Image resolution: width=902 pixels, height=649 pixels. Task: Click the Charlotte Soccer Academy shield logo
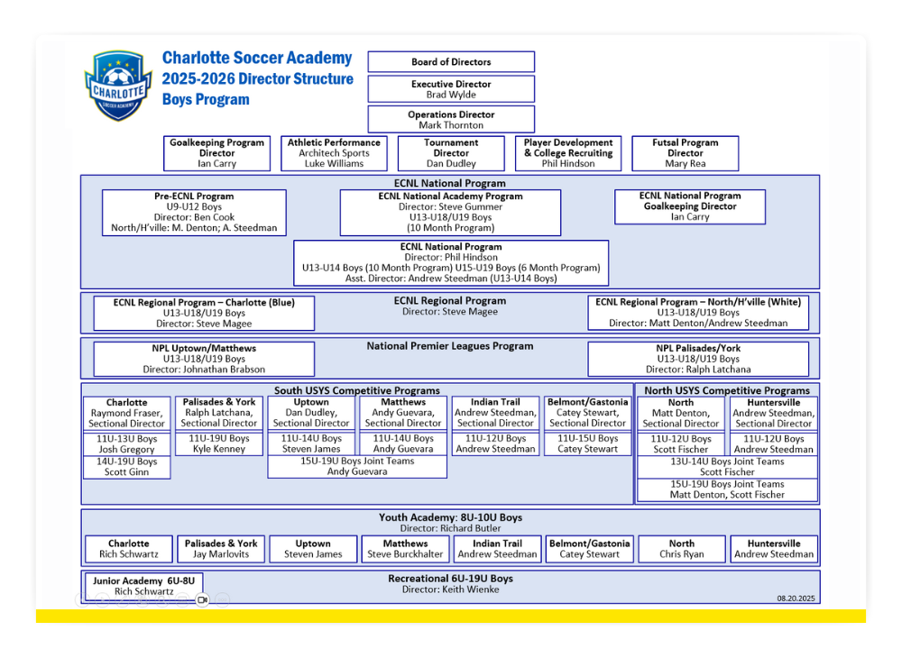click(118, 86)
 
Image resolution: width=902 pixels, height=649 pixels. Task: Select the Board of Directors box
click(451, 61)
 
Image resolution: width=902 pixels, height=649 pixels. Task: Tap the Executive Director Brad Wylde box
click(451, 89)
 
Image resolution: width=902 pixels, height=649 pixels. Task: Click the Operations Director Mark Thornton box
click(451, 120)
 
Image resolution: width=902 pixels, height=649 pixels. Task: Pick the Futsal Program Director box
click(686, 153)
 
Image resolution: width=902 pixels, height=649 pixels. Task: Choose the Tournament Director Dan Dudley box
click(451, 153)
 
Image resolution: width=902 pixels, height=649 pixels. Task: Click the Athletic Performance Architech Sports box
click(335, 153)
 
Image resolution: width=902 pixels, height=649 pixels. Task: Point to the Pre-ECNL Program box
click(194, 212)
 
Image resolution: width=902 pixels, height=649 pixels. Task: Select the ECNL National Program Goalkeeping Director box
click(690, 206)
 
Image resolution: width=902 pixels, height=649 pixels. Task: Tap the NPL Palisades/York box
click(698, 359)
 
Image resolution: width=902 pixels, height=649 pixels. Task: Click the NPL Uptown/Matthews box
click(204, 359)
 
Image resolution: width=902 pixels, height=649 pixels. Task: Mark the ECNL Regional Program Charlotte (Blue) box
click(204, 313)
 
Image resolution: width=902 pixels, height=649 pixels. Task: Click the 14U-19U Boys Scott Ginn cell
click(126, 467)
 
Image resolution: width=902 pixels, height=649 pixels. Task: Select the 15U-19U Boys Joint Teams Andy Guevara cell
click(357, 466)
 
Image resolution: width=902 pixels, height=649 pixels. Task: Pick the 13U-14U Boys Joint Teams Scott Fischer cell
click(727, 467)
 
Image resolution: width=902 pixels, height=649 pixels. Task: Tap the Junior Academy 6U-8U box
click(143, 586)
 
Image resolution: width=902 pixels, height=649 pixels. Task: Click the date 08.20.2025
click(796, 599)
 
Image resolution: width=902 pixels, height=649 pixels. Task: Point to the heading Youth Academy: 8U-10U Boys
click(450, 517)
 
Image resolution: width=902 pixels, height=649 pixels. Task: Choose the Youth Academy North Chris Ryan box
click(682, 549)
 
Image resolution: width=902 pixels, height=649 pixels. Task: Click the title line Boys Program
click(206, 99)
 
